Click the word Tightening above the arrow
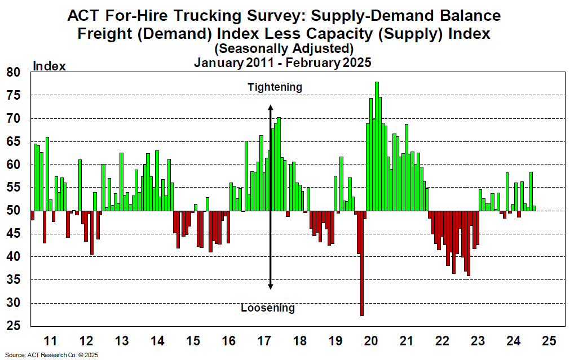tap(275, 87)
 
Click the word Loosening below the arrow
tap(268, 308)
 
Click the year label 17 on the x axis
tap(264, 341)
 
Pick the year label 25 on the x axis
tap(549, 341)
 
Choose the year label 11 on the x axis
tap(50, 341)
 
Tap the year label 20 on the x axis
tap(371, 341)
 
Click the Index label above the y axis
tap(50, 66)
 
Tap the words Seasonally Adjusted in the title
tap(284, 49)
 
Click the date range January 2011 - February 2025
tap(282, 63)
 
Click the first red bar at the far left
tap(33, 215)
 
